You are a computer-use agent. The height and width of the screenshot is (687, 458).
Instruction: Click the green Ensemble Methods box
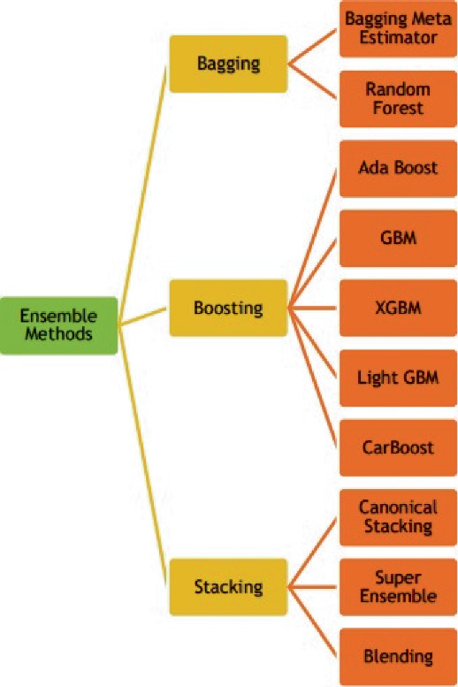[58, 324]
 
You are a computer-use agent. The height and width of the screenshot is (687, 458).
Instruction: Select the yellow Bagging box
[229, 65]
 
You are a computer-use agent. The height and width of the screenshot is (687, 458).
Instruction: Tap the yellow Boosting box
[229, 309]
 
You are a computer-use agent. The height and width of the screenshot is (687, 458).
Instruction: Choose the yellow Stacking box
[229, 586]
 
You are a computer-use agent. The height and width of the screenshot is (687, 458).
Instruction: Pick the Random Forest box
[397, 99]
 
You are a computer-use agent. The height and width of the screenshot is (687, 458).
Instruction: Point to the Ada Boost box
[397, 169]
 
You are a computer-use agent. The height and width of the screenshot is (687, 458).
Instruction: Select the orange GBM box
[397, 239]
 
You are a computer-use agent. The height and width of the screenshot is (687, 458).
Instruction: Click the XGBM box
[397, 309]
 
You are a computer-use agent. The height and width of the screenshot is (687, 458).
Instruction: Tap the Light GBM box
[397, 378]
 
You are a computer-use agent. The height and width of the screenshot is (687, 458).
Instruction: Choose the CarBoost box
[397, 447]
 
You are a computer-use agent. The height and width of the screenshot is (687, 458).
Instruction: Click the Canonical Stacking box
[397, 517]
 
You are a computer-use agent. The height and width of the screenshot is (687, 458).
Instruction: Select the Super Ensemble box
[397, 587]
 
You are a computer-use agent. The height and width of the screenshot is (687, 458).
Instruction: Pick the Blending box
[397, 656]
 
